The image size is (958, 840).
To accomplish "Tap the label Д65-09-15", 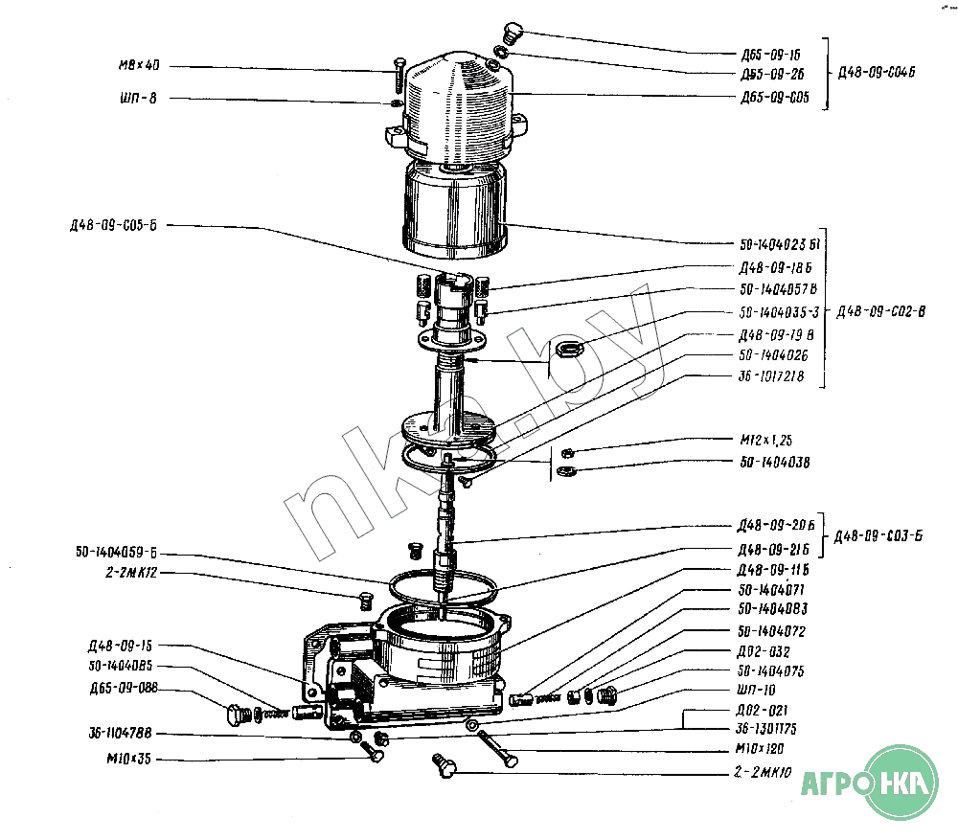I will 769,55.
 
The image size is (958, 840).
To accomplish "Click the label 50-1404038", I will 774,463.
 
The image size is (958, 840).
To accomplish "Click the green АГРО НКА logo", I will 871,783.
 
